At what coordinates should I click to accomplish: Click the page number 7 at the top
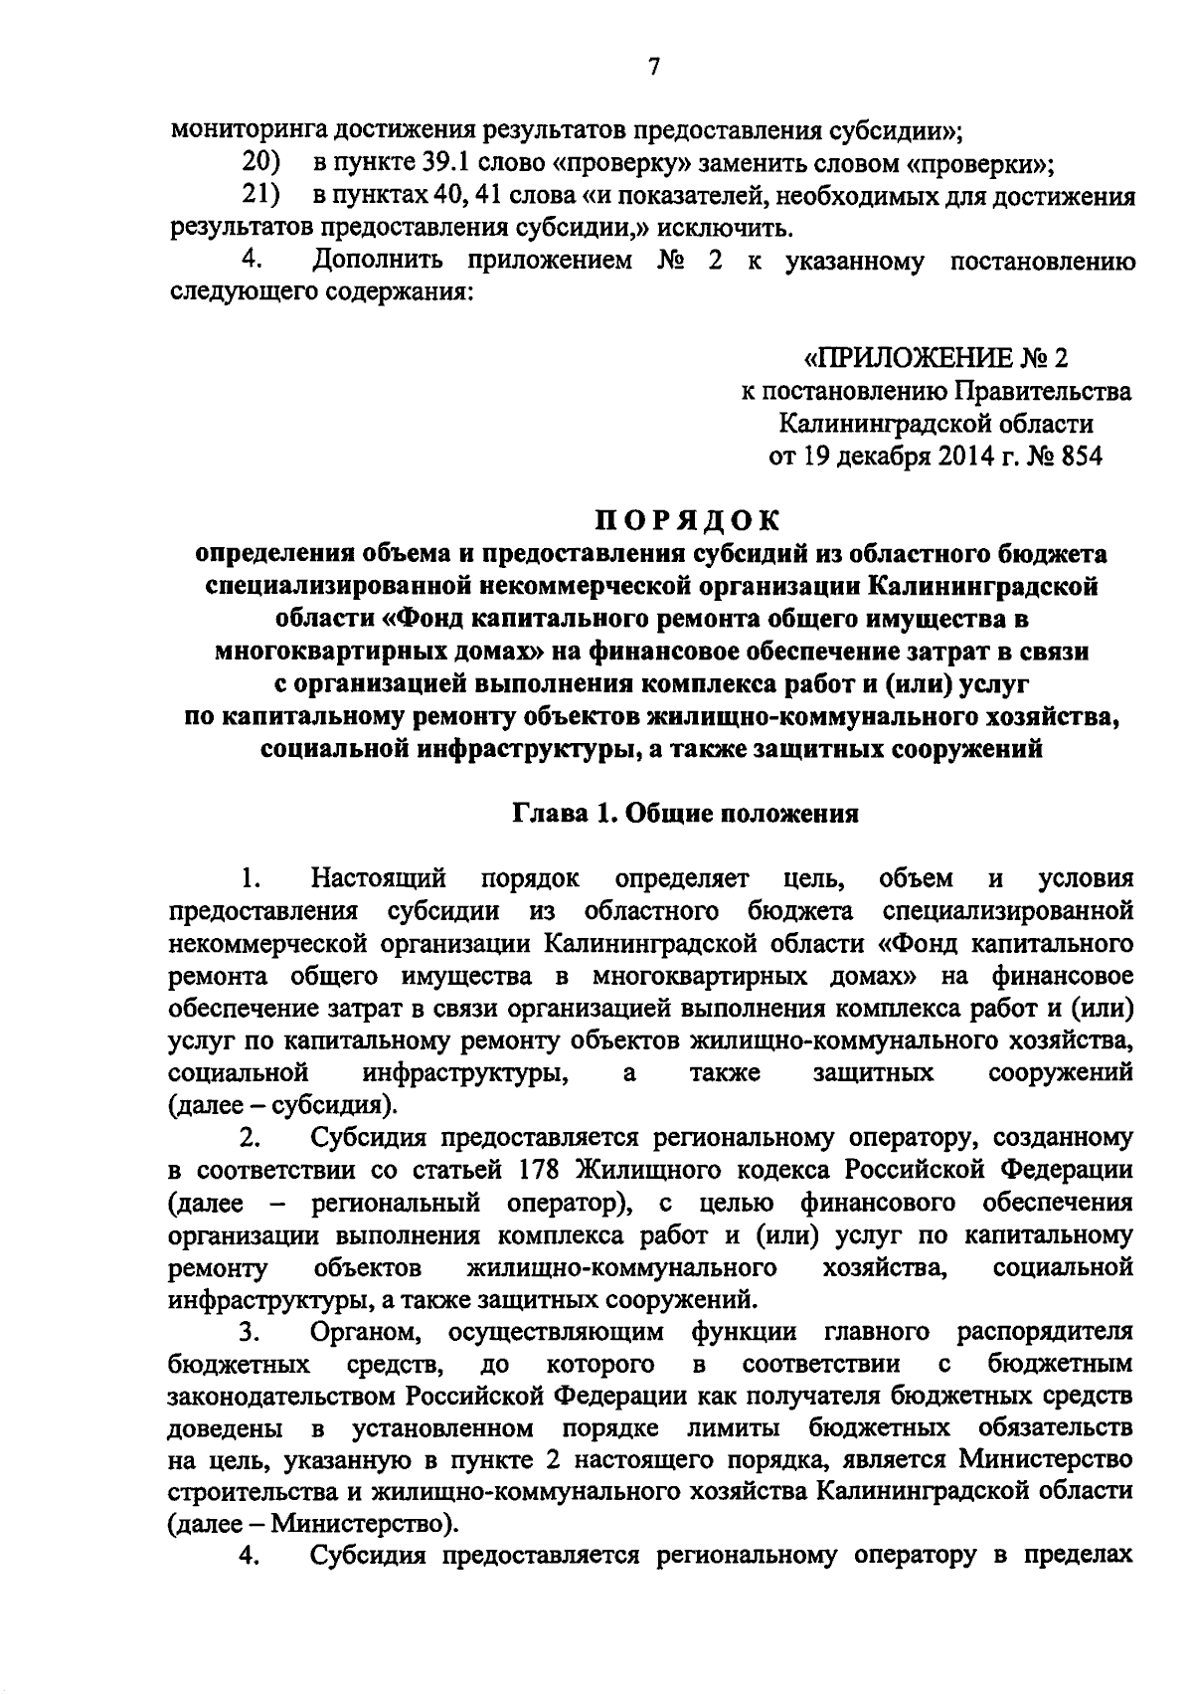[x=653, y=67]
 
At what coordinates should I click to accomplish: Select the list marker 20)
[x=260, y=162]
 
